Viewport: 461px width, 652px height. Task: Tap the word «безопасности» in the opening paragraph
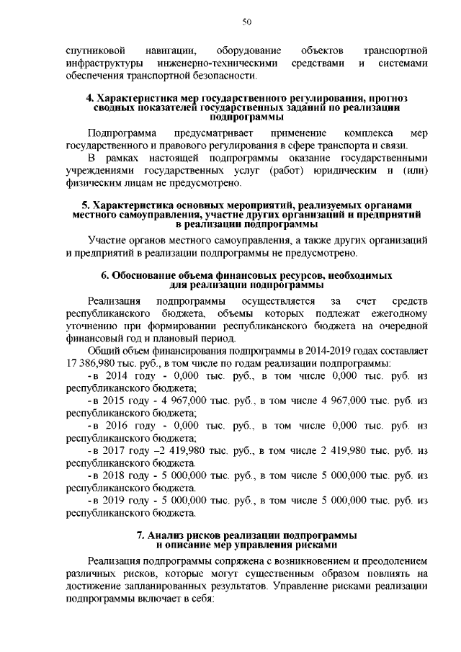225,75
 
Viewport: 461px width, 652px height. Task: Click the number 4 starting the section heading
89,97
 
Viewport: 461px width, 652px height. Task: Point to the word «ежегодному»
399,314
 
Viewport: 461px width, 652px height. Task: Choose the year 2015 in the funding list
115,401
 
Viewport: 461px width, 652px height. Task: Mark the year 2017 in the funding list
115,450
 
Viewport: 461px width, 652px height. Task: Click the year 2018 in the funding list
115,475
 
